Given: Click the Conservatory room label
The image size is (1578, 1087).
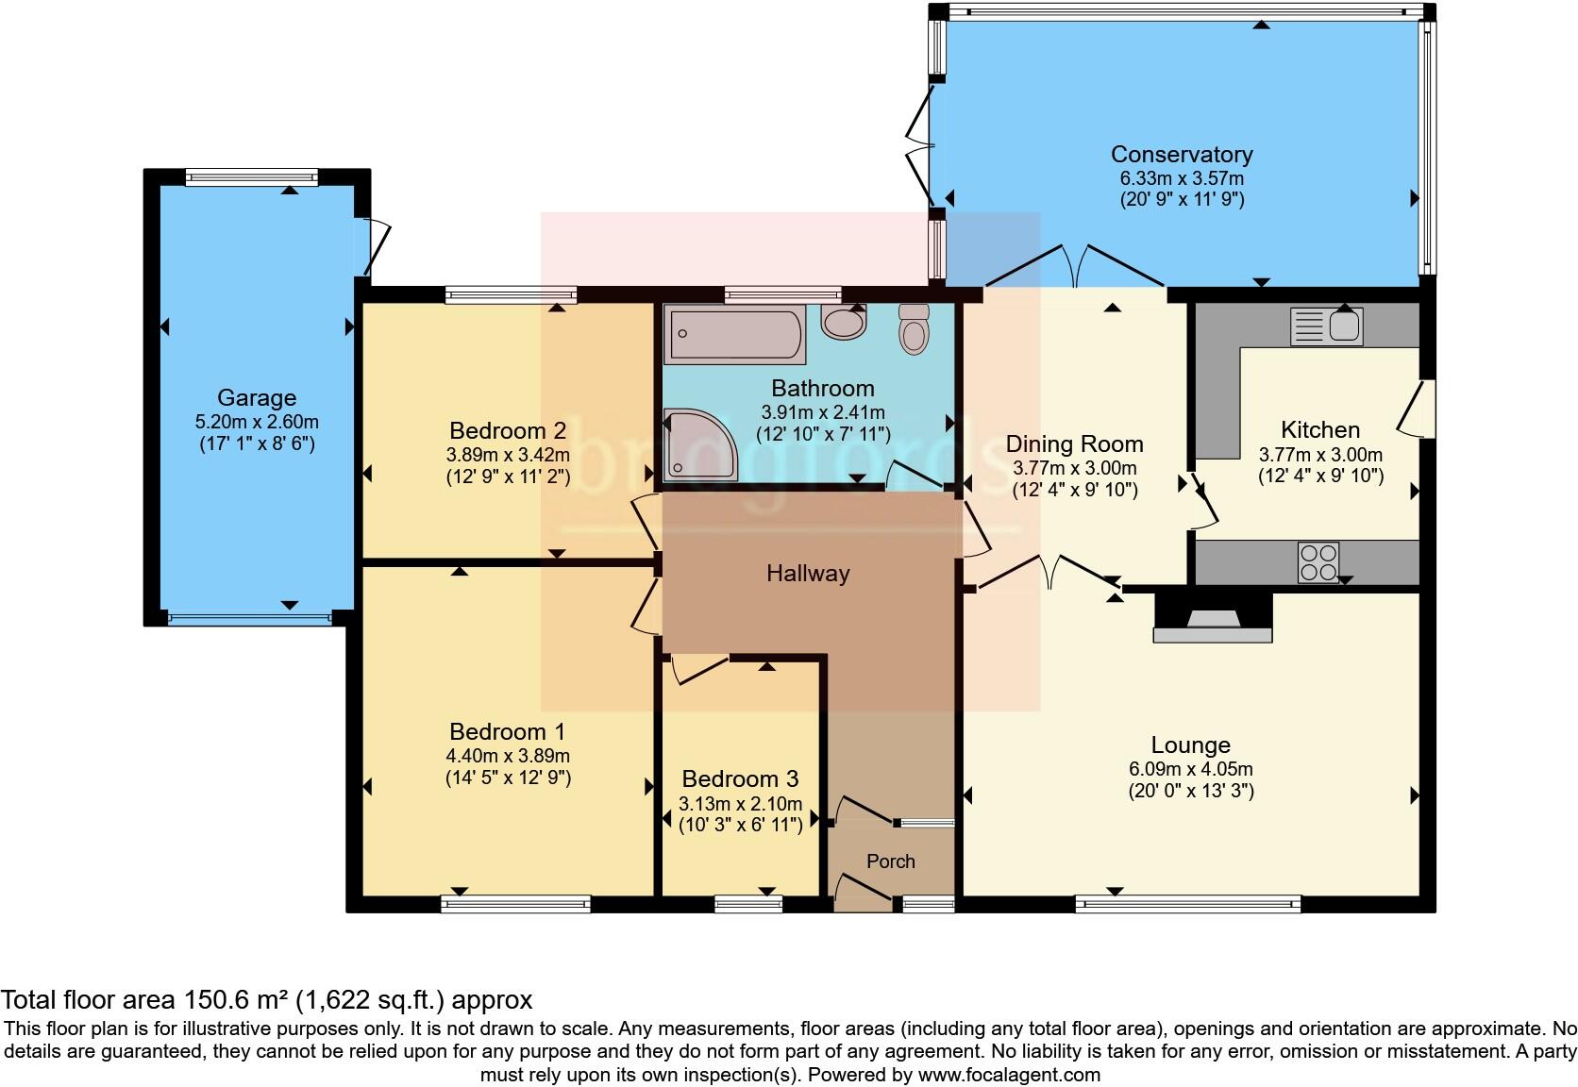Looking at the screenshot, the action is click(x=1182, y=155).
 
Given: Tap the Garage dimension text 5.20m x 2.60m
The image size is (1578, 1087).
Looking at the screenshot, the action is click(x=257, y=422).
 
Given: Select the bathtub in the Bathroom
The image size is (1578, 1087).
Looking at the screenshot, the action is click(x=734, y=335).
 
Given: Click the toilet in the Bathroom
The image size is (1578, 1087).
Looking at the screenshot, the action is click(x=914, y=329).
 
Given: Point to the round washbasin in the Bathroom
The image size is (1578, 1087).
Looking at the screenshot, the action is click(x=843, y=322).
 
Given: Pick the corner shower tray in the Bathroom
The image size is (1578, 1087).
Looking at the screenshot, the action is click(x=700, y=444).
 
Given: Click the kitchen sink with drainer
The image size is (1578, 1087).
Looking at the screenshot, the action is click(x=1327, y=326).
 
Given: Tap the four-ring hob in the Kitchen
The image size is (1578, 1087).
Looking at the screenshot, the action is click(x=1318, y=562).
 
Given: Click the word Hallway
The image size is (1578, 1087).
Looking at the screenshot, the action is click(x=808, y=574).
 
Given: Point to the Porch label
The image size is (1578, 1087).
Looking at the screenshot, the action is click(x=890, y=861).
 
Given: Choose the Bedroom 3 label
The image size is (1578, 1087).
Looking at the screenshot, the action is click(x=740, y=778).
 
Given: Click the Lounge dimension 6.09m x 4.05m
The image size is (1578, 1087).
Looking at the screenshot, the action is click(x=1190, y=769).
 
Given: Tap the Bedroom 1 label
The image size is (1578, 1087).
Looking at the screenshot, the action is click(x=507, y=731).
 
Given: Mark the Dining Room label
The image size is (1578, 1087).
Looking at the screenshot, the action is click(x=1074, y=443).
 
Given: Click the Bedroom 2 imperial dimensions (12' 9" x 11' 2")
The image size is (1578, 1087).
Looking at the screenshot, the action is click(x=508, y=477).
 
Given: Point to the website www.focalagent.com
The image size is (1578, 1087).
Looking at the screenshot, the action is click(x=1009, y=1075).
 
